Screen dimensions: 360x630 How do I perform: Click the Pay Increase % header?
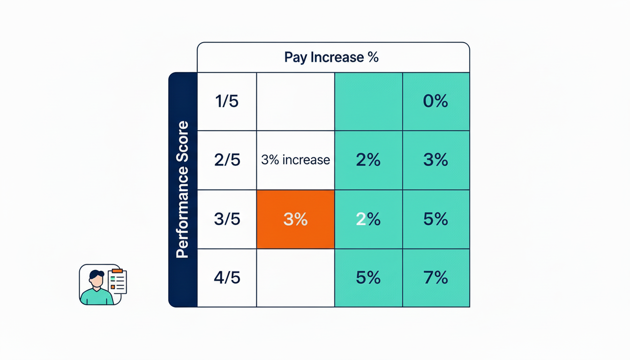331,58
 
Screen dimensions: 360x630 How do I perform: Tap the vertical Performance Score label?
182,189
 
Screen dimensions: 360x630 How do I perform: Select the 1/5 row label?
227,101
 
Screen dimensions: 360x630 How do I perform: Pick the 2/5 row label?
227,160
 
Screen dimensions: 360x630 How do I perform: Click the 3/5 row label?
227,219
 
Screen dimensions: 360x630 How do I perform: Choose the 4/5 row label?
227,278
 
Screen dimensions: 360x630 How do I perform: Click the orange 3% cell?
295,219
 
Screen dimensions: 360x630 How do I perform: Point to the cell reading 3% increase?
295,160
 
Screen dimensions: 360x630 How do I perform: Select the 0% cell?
435,101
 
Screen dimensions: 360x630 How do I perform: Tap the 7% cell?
435,278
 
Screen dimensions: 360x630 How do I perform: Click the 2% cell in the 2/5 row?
368,160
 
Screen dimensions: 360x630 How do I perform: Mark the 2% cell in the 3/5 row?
368,219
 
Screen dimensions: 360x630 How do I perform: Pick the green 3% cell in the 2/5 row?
435,160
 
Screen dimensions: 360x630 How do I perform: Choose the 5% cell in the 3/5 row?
435,219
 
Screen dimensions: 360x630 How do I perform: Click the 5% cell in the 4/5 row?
368,278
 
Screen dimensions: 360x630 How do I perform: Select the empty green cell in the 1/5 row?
368,101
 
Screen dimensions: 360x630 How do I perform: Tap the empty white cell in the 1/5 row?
295,101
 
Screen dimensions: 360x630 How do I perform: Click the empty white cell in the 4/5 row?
295,278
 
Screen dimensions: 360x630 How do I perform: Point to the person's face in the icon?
97,280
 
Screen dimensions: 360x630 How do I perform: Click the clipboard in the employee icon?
117,281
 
